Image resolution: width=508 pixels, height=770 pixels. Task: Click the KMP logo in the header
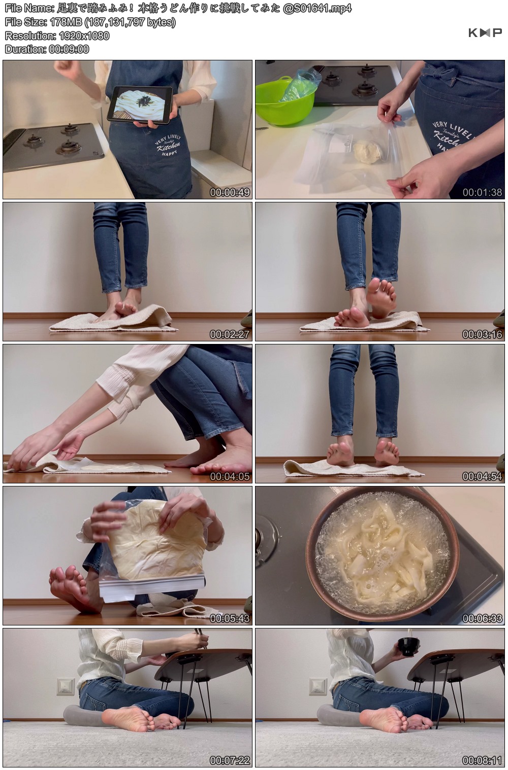click(485, 32)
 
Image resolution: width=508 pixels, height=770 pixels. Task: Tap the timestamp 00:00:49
click(230, 192)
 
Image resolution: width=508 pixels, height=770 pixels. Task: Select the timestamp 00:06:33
click(482, 618)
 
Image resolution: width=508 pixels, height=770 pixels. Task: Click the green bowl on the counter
click(285, 99)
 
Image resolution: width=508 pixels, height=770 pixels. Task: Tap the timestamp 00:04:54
click(482, 476)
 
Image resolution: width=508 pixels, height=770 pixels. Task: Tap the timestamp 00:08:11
click(482, 760)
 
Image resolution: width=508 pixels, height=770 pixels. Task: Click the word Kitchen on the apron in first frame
click(168, 147)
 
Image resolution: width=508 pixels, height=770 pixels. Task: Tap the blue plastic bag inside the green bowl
click(299, 84)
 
